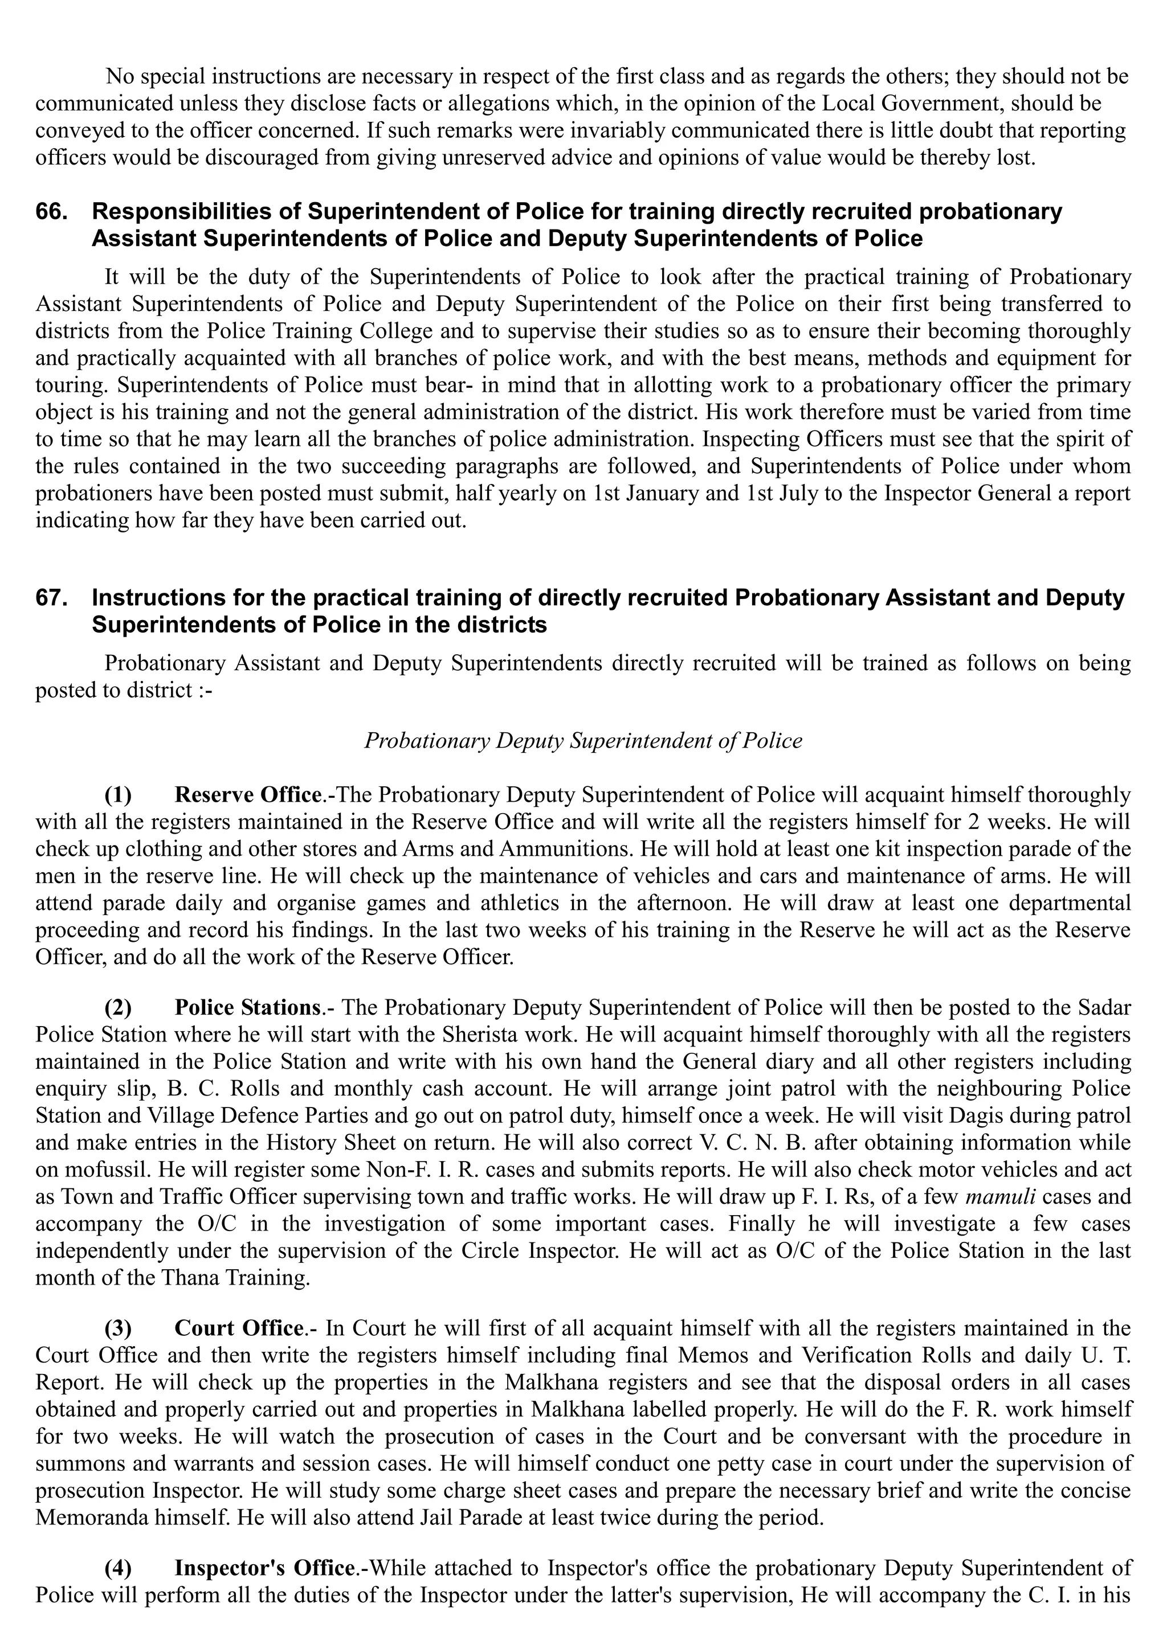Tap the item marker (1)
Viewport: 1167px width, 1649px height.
pyautogui.click(x=119, y=795)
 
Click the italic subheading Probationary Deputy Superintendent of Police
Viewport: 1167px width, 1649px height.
pyautogui.click(x=583, y=740)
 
